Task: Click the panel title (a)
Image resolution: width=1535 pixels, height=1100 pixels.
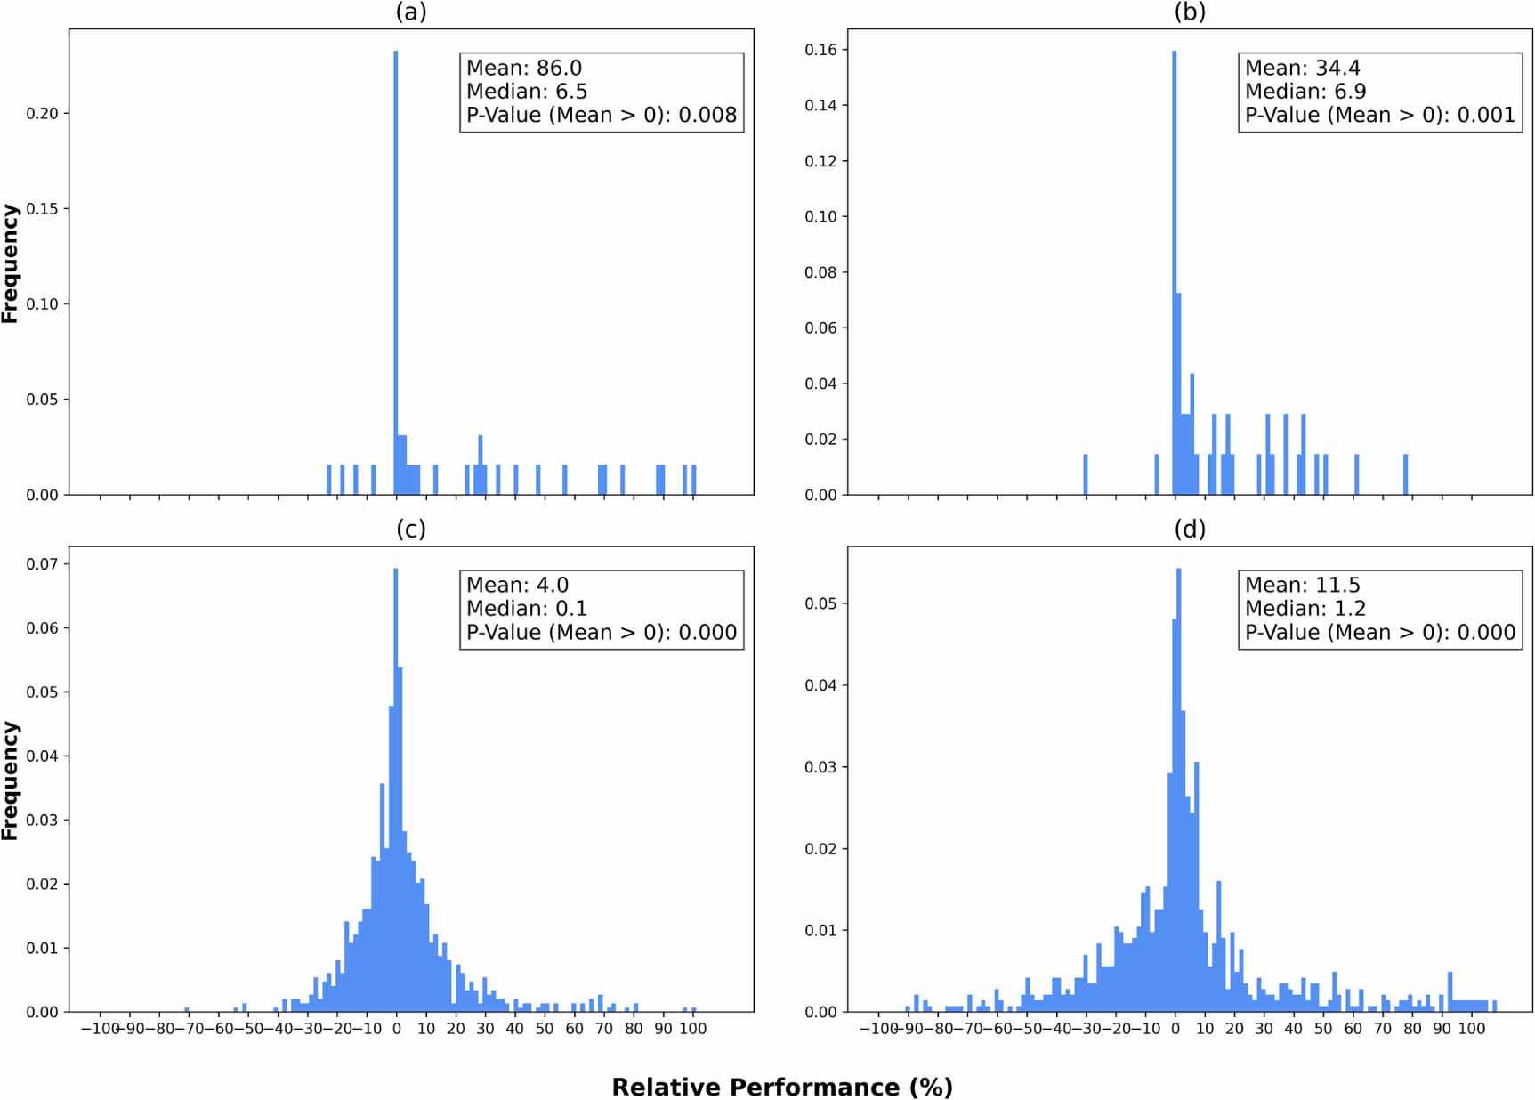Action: click(x=410, y=12)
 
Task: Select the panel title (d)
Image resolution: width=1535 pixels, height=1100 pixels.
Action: click(x=1189, y=530)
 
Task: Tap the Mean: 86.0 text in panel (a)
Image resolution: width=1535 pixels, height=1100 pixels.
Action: click(x=523, y=69)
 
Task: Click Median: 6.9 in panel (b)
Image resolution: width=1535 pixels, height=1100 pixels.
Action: click(x=1305, y=92)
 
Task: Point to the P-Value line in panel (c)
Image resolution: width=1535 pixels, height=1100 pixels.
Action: click(x=601, y=633)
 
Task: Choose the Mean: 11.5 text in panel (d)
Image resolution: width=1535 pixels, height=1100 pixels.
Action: click(x=1302, y=586)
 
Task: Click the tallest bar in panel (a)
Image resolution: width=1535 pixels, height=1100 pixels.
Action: click(x=396, y=267)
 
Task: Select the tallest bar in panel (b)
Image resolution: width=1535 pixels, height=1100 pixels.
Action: click(x=1175, y=267)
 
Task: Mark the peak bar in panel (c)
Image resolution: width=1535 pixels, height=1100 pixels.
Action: click(x=396, y=783)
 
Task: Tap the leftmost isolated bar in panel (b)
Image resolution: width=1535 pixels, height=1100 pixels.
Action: click(x=1086, y=474)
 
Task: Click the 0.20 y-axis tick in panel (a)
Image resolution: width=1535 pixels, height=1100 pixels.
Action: click(x=42, y=114)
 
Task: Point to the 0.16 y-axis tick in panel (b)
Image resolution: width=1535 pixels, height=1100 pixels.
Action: click(x=820, y=50)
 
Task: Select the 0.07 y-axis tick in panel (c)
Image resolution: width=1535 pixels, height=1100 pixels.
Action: click(x=42, y=564)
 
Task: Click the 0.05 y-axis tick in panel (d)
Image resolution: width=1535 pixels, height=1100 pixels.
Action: click(x=820, y=603)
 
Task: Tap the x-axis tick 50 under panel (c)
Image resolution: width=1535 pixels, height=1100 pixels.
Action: click(x=545, y=1029)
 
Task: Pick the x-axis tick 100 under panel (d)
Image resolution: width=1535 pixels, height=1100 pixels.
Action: click(x=1471, y=1029)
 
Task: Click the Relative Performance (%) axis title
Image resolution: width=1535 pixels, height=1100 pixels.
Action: click(x=781, y=1088)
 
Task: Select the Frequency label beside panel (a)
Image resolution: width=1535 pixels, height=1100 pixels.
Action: click(x=10, y=263)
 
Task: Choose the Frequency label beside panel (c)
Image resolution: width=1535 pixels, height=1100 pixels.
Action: click(x=10, y=781)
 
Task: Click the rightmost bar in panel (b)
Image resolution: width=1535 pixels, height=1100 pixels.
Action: click(x=1406, y=474)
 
